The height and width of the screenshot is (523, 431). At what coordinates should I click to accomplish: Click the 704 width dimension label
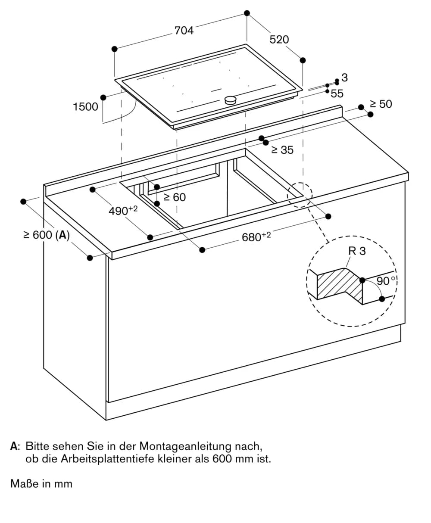pos(184,31)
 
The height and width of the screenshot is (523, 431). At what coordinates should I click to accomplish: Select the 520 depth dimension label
pos(279,40)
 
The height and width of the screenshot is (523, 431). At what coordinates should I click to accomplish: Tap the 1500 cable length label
pos(85,106)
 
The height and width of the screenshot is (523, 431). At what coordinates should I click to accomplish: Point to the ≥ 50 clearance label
pos(381,104)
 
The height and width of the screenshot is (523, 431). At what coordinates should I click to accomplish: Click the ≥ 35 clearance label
pos(282,150)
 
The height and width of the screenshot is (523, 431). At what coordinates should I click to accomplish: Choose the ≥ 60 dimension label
pos(175,197)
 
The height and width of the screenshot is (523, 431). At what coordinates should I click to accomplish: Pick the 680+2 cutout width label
pos(256,237)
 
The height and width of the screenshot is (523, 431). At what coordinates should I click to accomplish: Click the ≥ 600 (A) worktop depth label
pos(47,235)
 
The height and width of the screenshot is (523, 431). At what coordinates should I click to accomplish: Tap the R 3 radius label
pos(357,251)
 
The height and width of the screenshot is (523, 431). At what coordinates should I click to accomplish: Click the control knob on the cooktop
pos(231,100)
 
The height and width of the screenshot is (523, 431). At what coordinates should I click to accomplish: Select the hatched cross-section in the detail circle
pos(340,285)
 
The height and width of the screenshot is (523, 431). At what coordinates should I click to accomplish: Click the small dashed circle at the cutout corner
pos(300,195)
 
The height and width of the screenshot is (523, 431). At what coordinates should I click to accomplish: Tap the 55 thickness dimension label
pos(337,93)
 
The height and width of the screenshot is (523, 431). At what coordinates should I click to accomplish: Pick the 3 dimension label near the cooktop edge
pos(344,78)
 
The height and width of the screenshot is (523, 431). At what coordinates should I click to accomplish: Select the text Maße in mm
pos(41,484)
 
